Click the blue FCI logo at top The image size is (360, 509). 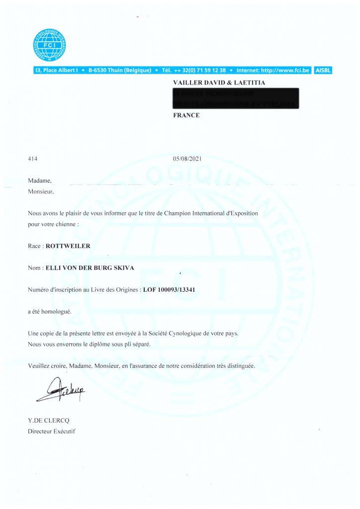click(x=49, y=45)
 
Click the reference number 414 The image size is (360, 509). click(x=33, y=159)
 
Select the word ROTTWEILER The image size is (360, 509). click(x=68, y=246)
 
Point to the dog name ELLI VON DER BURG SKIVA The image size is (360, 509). click(x=90, y=268)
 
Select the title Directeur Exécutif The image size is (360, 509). click(x=52, y=431)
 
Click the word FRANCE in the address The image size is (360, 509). click(x=186, y=115)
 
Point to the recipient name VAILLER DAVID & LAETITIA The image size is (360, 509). click(x=219, y=83)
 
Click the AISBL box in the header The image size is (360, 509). click(x=323, y=71)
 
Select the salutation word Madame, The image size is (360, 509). click(x=40, y=180)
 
